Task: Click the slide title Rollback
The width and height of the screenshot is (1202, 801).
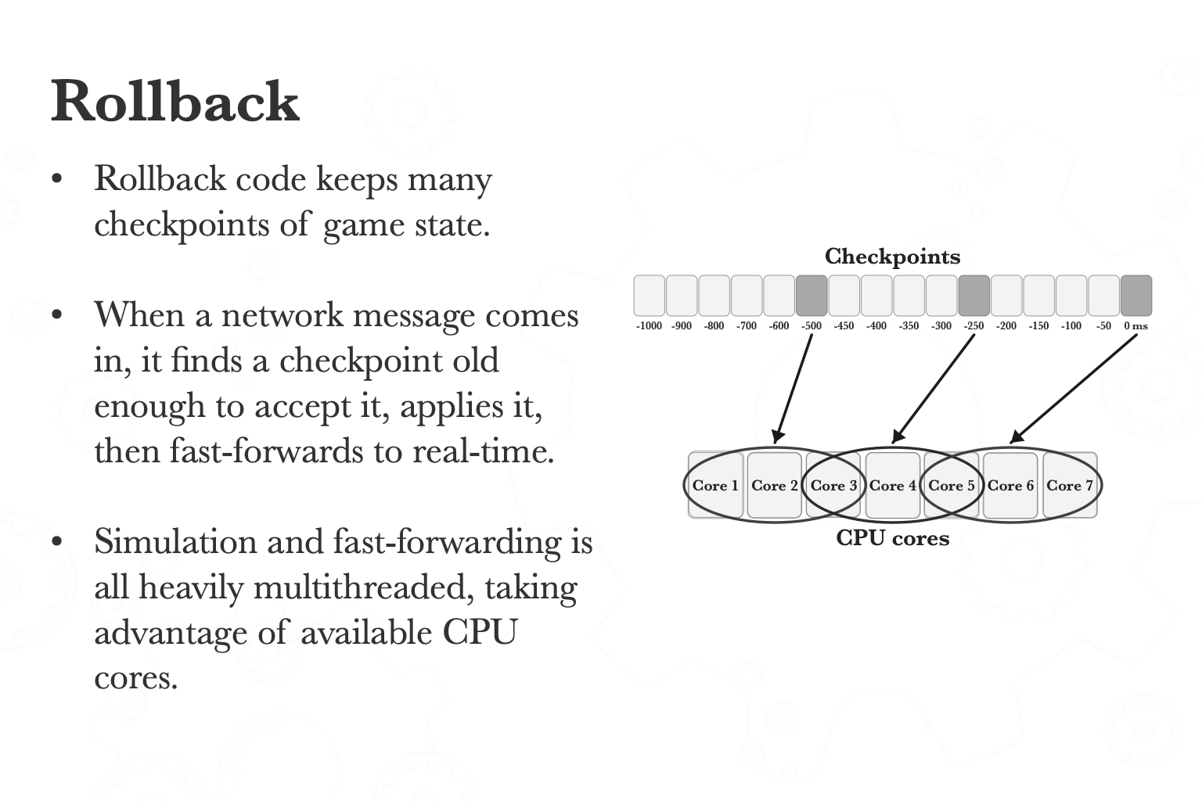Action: pos(175,102)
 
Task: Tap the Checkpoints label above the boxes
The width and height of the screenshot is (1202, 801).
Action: pos(892,257)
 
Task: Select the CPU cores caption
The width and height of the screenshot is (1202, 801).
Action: pos(892,538)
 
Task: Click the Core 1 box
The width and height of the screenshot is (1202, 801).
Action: pos(715,485)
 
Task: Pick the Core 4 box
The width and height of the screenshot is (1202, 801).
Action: pos(892,485)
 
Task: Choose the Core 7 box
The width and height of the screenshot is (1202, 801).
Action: pos(1069,485)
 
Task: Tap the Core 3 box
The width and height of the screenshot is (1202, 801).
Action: pos(833,485)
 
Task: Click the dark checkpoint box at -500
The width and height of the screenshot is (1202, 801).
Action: pos(812,296)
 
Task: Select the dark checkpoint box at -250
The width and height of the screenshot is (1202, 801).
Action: pos(974,296)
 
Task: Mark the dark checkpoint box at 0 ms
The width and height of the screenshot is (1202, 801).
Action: pos(1136,296)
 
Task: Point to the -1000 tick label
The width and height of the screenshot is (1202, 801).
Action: pos(649,325)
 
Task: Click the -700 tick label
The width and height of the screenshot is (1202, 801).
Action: pos(747,325)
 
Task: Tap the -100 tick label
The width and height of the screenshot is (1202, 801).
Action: pos(1071,325)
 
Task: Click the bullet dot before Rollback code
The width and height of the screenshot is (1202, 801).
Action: pos(56,179)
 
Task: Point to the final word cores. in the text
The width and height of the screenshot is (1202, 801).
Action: pos(136,678)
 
